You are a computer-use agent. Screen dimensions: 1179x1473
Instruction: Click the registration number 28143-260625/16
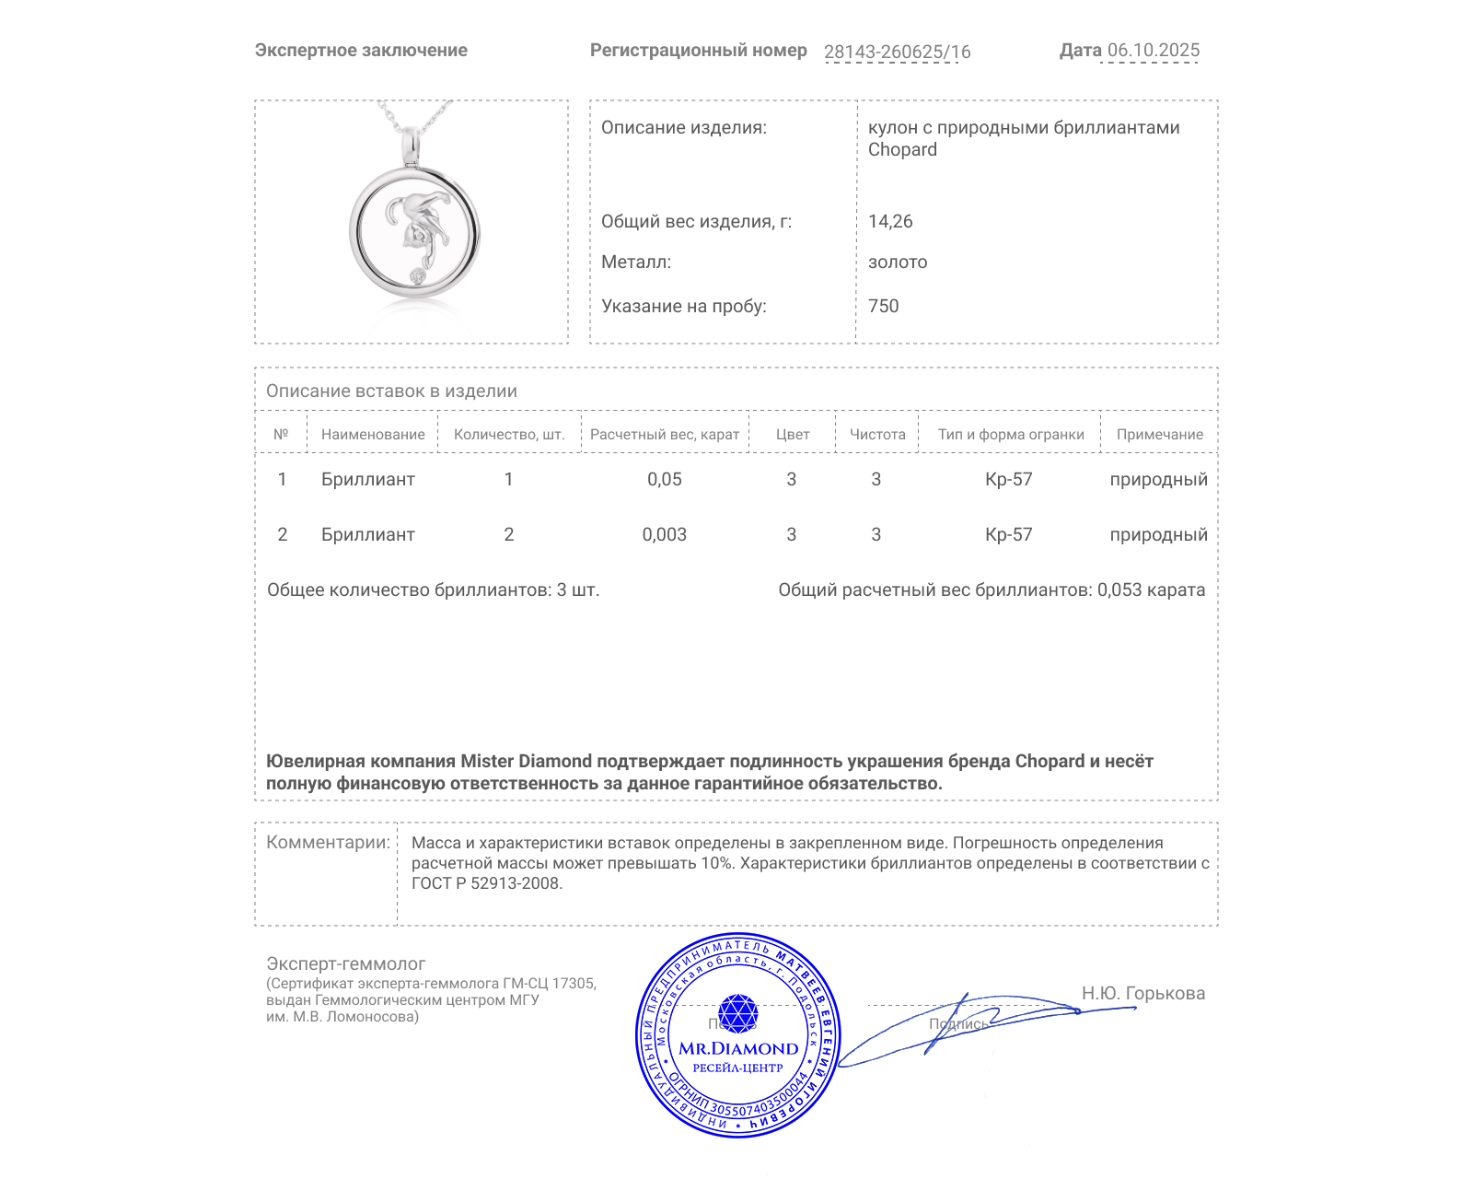coord(897,53)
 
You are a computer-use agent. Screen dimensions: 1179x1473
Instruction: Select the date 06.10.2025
coord(1154,51)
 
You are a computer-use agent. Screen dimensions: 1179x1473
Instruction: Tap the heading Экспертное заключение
coord(361,51)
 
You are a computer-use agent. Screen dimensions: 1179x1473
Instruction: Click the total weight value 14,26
coord(890,222)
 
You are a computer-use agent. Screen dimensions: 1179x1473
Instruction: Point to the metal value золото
coord(898,263)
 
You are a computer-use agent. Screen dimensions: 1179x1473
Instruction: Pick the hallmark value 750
coord(883,307)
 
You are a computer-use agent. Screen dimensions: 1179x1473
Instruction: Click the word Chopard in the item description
coord(902,150)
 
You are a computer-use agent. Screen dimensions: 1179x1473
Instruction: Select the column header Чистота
coord(877,435)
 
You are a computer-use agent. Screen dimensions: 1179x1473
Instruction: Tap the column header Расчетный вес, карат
coord(665,435)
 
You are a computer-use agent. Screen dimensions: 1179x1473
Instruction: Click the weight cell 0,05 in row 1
coord(665,480)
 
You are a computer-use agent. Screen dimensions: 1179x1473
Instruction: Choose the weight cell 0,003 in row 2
coord(665,535)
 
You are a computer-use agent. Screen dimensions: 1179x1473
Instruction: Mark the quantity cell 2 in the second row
coord(509,535)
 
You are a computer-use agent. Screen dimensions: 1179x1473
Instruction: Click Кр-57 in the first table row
coord(1009,480)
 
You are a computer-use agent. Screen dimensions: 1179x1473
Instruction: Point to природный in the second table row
coord(1158,535)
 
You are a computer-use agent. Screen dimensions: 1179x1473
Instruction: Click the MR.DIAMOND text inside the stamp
coord(738,1049)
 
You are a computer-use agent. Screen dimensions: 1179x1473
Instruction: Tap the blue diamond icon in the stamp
coord(737,1013)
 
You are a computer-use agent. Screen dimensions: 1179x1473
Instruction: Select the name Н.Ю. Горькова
coord(1142,994)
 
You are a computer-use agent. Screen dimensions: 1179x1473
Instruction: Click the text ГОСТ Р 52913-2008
coord(486,884)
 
